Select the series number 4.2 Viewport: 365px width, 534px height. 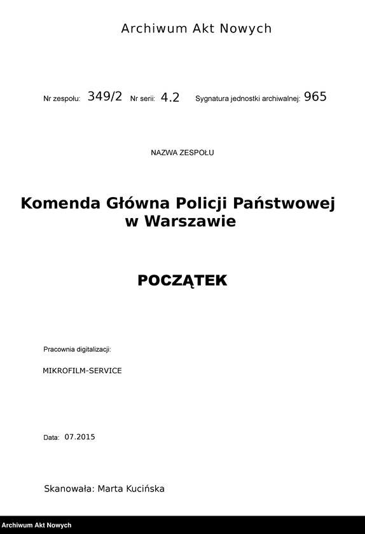[170, 97]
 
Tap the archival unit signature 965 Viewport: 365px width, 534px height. [315, 97]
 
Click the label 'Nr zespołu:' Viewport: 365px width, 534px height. [62, 99]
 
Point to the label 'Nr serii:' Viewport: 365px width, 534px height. [142, 99]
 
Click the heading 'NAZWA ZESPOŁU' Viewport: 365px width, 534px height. [182, 153]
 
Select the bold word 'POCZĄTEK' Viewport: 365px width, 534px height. [182, 280]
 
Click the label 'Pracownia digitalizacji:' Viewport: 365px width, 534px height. [77, 350]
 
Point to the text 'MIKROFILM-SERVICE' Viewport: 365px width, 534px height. [82, 370]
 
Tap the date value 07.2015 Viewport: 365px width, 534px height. [79, 437]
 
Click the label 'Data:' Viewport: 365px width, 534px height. [51, 437]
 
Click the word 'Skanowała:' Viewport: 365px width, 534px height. [69, 489]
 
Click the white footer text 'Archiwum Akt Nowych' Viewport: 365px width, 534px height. [37, 526]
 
